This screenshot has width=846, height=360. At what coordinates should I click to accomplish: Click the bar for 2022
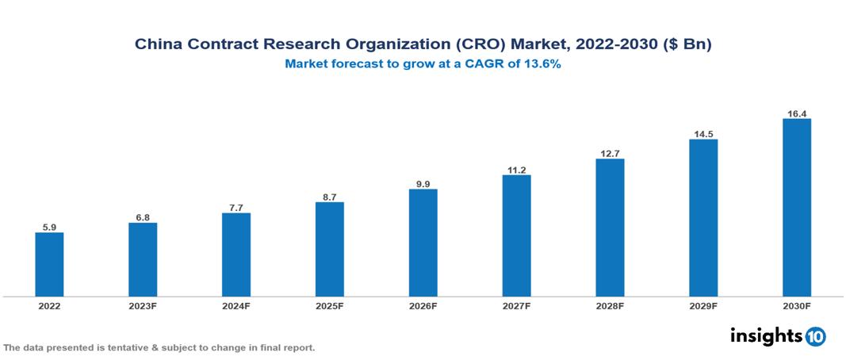pos(49,264)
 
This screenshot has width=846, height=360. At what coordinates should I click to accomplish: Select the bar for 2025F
pos(330,249)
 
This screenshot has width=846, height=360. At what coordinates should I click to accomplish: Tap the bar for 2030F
pos(797,208)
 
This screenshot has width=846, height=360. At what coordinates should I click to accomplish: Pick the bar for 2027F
pos(516,236)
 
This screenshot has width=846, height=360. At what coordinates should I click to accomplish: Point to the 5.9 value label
pos(49,228)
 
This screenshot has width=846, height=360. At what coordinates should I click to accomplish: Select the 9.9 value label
pos(423,184)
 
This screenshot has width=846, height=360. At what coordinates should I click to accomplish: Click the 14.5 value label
pos(703,134)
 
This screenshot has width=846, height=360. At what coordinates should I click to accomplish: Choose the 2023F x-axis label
pos(143,306)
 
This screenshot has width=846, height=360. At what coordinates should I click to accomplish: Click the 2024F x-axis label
pos(236,306)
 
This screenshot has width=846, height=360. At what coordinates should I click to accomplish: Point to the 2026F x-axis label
pos(423,306)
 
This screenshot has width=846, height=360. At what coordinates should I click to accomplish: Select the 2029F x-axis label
pos(703,306)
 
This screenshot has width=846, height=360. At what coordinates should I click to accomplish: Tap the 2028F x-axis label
pos(610,306)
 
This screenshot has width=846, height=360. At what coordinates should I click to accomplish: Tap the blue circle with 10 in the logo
pos(815,336)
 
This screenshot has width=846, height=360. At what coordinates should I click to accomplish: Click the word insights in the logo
pos(766,335)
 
